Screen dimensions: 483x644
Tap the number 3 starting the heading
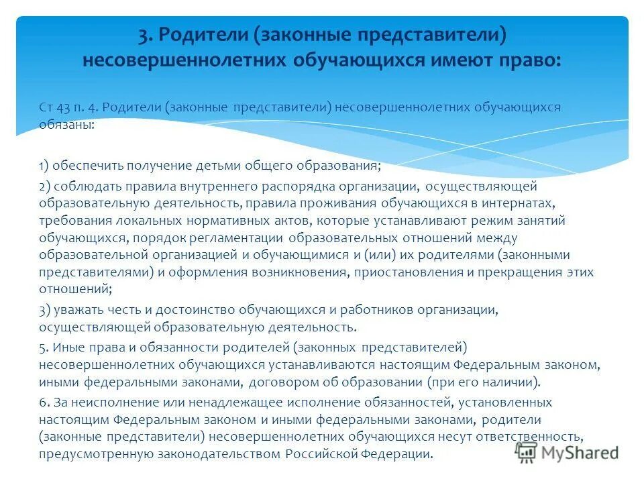(142, 34)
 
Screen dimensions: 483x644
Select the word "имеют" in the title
(459, 60)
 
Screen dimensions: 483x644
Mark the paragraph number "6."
(44, 402)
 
